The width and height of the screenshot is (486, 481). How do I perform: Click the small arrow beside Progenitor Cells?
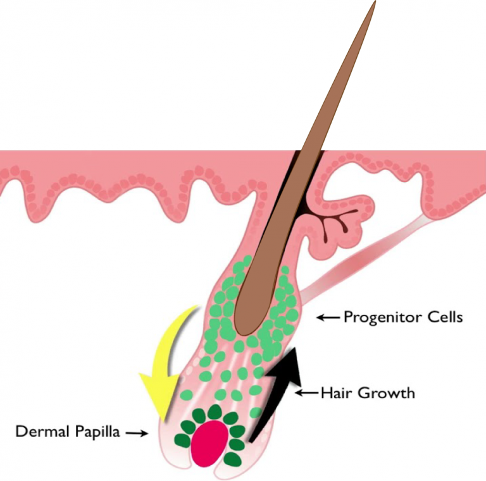click(327, 317)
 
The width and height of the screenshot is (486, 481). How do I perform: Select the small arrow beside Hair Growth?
click(306, 393)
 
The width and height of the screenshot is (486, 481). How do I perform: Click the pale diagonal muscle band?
click(361, 259)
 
